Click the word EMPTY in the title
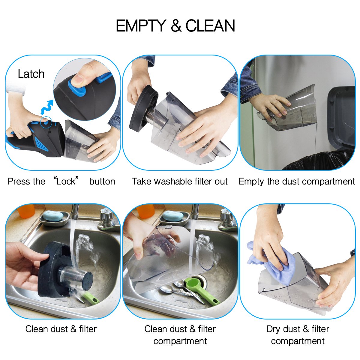(x=141, y=26)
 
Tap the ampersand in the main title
(x=176, y=26)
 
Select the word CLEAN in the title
(x=210, y=26)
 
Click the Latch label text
(x=31, y=74)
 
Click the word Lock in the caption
(x=66, y=181)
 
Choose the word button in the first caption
(x=102, y=181)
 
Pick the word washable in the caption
(x=172, y=181)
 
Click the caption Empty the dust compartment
(x=297, y=181)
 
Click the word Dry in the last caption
(x=273, y=329)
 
